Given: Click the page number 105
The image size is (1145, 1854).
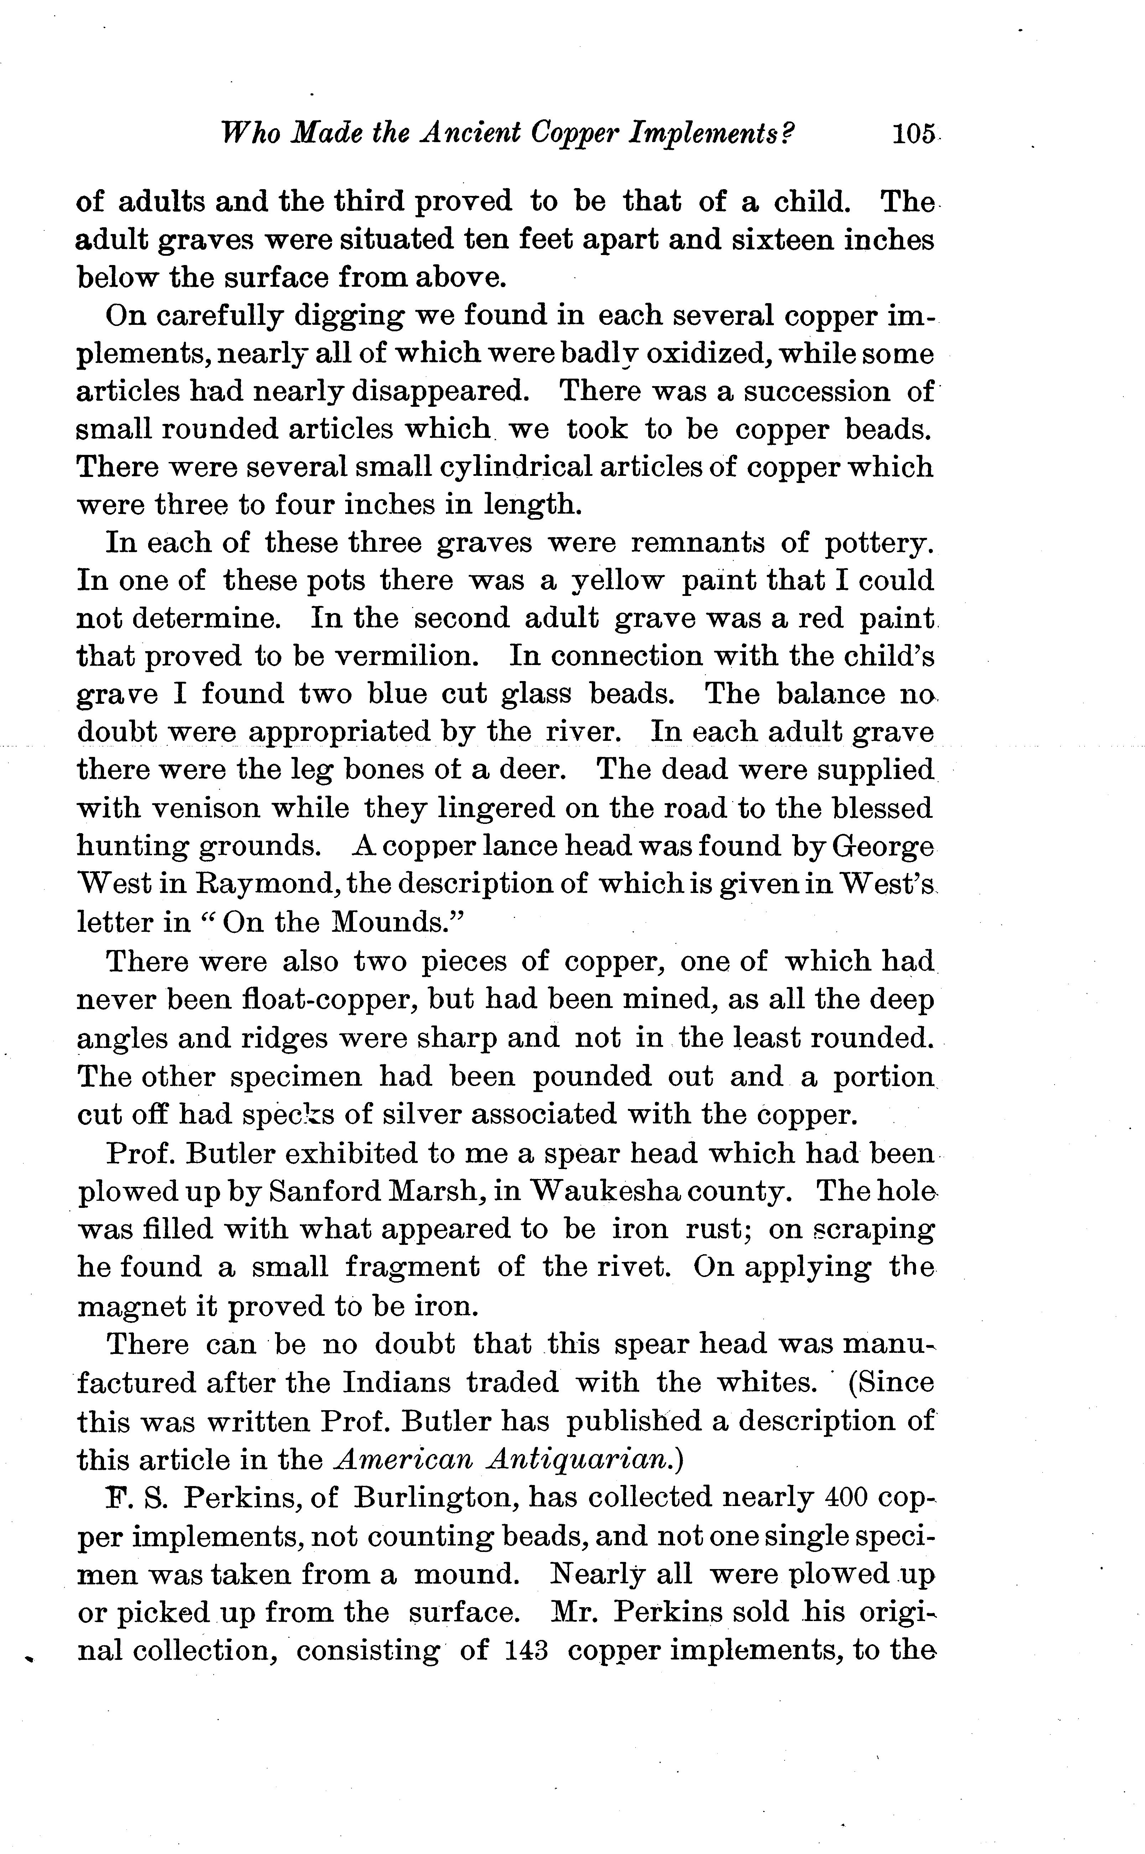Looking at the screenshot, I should tap(914, 134).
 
